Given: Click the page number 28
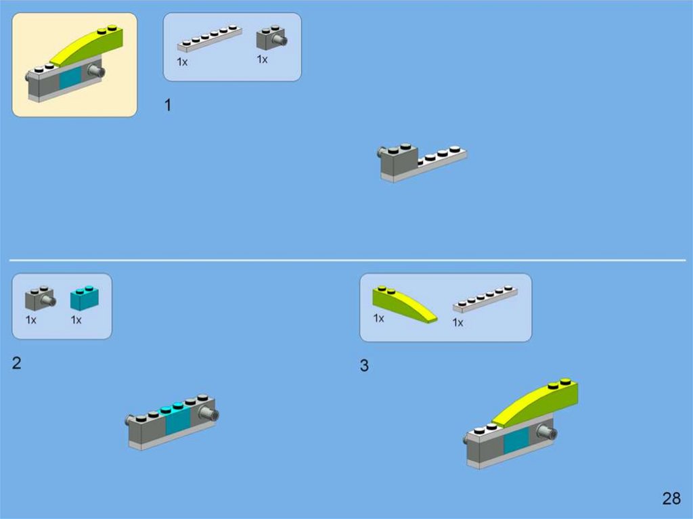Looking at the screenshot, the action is pos(671,498).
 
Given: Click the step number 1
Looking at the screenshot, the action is pos(168,105).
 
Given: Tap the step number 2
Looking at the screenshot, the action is pos(16,363).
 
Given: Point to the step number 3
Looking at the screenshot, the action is pos(364,365).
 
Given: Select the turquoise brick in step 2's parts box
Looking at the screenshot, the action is pos(85,298).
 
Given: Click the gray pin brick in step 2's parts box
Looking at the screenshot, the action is pos(40,298).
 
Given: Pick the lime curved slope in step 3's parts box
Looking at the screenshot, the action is pos(403,304).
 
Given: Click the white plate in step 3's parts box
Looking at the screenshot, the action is pos(485,299).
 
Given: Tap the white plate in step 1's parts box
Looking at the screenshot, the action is pos(210,38).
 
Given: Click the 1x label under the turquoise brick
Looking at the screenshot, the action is pos(76,319).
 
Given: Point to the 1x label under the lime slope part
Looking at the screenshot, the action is pos(379,318).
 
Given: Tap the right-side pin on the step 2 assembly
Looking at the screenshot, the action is pos(209,415).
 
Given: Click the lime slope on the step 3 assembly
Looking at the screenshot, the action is pos(536,403).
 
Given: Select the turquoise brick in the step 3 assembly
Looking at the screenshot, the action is pos(516,440).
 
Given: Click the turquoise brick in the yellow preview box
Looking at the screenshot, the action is pos(70,77).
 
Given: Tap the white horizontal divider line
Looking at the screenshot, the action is pos(347,261).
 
